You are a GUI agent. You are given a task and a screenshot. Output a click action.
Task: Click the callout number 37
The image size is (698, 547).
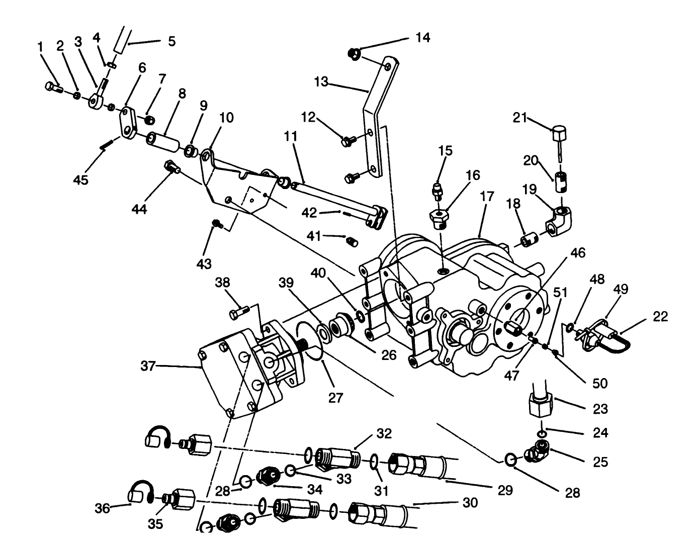tap(148, 367)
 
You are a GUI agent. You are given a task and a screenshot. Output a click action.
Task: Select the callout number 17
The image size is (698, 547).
tap(487, 197)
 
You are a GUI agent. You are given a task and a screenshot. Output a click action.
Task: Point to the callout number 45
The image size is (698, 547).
tap(80, 179)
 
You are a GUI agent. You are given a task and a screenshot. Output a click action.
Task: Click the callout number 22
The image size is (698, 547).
tap(661, 316)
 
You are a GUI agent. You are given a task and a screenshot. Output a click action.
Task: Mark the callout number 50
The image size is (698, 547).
tap(600, 383)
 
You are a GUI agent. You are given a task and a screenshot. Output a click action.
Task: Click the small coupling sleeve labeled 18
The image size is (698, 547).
tap(529, 240)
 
